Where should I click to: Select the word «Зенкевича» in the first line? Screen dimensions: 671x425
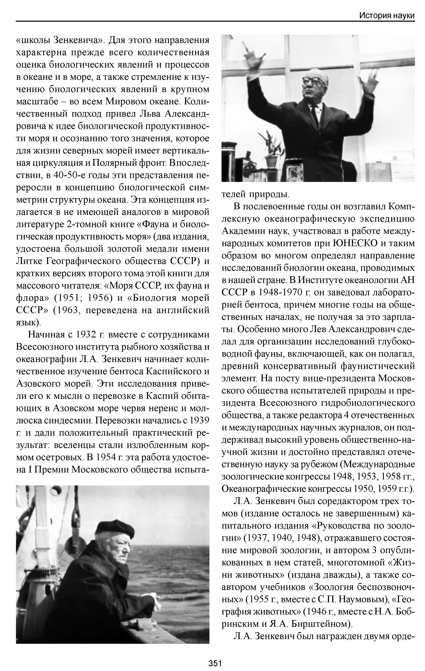pyautogui.click(x=79, y=40)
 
